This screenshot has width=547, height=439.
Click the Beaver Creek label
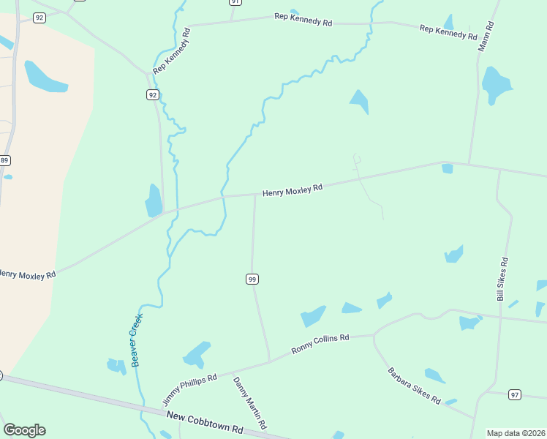coord(136,339)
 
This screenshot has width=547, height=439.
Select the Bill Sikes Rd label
coord(502,279)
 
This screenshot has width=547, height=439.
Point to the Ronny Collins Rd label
coord(320,344)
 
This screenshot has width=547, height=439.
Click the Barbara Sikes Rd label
coord(414,386)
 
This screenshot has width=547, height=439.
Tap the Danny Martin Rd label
coord(249,402)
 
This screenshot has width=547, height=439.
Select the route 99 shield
coord(252,279)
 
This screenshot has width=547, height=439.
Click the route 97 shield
coord(515,395)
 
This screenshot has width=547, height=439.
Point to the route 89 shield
coord(4,160)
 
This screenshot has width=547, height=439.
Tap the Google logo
coord(24,430)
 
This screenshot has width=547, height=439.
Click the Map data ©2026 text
coord(516,433)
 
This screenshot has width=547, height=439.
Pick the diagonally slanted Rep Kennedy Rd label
coord(172,51)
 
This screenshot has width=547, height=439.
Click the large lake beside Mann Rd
coord(496,86)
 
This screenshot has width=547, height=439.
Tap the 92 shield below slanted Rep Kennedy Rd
coord(152,95)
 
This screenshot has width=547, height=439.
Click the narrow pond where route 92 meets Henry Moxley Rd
coord(154,200)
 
